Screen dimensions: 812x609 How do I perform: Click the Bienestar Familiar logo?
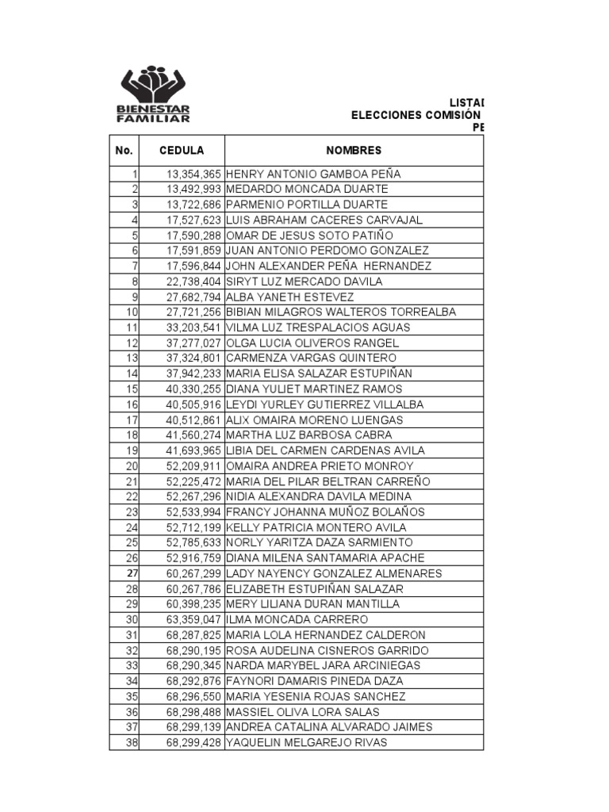coord(155,95)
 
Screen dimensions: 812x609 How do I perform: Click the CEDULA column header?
coord(182,150)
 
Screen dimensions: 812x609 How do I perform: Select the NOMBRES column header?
coord(354,150)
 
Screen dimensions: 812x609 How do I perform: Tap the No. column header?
coord(123,150)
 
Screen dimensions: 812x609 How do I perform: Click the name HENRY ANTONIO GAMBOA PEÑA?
coord(313,174)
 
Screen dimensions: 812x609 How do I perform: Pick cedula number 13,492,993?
coord(193,189)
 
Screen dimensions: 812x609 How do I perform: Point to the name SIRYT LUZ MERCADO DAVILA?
coord(304,282)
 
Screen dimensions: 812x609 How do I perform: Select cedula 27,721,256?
coord(193,312)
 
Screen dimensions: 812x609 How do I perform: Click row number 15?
coord(132,389)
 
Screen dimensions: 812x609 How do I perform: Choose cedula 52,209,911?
coord(193,466)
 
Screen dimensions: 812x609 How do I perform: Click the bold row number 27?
coord(132,573)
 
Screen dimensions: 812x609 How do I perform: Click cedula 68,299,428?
coord(193,743)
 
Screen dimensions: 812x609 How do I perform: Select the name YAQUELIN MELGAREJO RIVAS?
coord(307,743)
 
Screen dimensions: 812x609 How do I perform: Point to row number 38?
coord(132,743)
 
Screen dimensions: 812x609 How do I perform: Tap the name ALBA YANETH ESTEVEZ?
coord(289,297)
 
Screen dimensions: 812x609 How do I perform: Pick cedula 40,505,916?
coord(193,404)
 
